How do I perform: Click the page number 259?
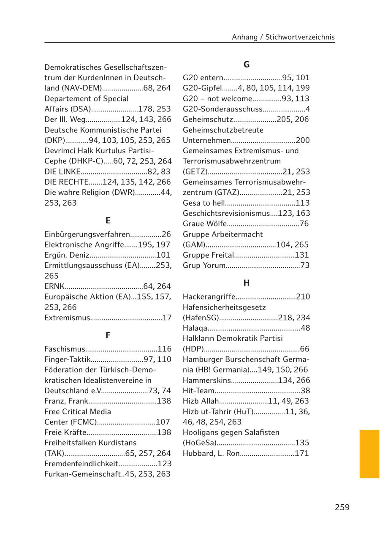click(342, 507)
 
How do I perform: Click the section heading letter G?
click(247, 65)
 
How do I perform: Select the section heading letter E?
click(108, 220)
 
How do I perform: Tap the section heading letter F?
click(108, 335)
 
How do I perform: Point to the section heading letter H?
click(247, 283)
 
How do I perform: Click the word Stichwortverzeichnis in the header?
click(300, 37)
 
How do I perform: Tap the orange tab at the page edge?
click(369, 454)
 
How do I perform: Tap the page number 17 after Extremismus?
click(167, 318)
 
